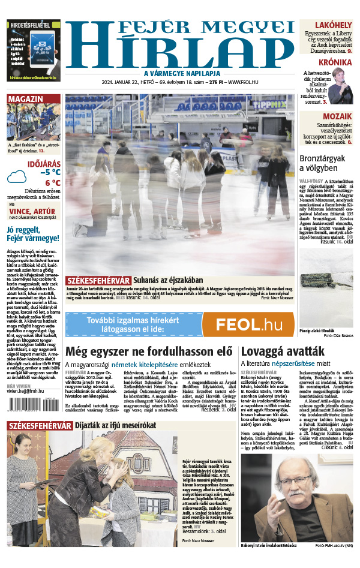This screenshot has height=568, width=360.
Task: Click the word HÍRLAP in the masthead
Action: click(180, 52)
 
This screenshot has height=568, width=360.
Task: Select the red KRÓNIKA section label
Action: click(335, 62)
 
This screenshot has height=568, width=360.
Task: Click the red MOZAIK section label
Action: click(337, 116)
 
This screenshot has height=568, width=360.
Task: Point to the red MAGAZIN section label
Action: click(26, 99)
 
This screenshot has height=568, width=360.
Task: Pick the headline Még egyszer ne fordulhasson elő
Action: click(148, 351)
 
